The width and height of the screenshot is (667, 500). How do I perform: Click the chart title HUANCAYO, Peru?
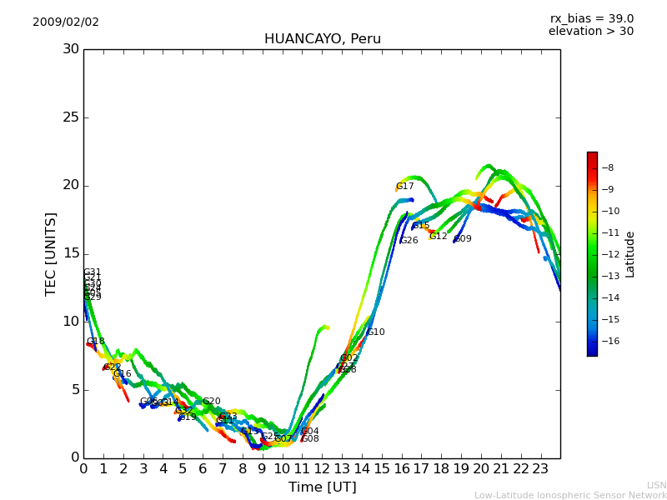tap(322, 39)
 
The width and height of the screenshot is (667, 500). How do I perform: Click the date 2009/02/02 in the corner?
tap(66, 22)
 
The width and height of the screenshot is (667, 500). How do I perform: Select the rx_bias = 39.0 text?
tap(591, 19)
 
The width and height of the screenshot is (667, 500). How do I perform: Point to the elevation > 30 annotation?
tap(590, 32)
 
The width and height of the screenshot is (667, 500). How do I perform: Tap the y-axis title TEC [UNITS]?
tap(51, 253)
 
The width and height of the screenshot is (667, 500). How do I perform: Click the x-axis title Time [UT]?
tap(322, 487)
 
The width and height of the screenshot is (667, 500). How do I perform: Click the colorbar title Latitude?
tap(630, 254)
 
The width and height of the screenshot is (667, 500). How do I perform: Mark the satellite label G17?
tap(405, 187)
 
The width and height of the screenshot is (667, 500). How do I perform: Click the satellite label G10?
tap(376, 332)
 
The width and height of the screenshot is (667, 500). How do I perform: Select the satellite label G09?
tap(463, 239)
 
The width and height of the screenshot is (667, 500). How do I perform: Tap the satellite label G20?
tap(212, 402)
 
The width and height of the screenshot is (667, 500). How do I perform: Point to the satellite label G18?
tap(96, 342)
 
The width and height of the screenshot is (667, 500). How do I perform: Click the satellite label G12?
tap(439, 237)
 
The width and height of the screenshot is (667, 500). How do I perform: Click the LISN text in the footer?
tap(657, 485)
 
